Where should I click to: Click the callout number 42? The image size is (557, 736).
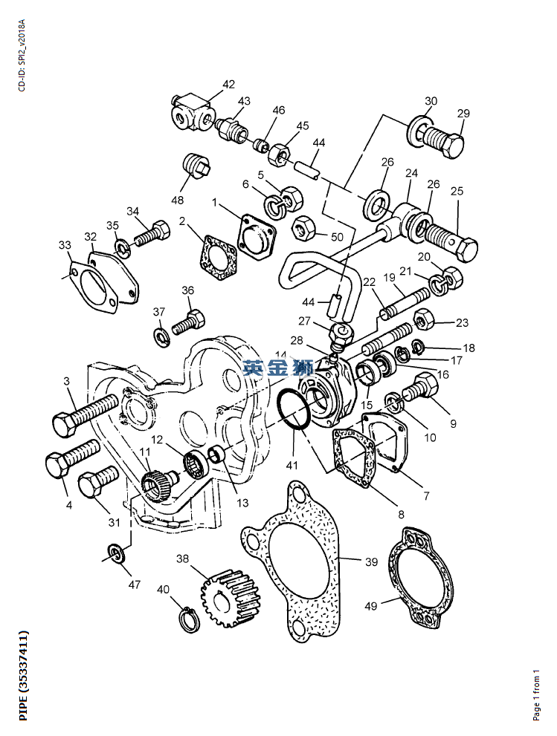point(228,84)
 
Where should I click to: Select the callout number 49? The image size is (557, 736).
point(370,606)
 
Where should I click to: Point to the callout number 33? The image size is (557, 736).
point(65,245)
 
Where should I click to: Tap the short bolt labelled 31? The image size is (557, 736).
point(97,483)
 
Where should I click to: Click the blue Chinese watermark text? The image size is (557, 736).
point(278,367)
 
